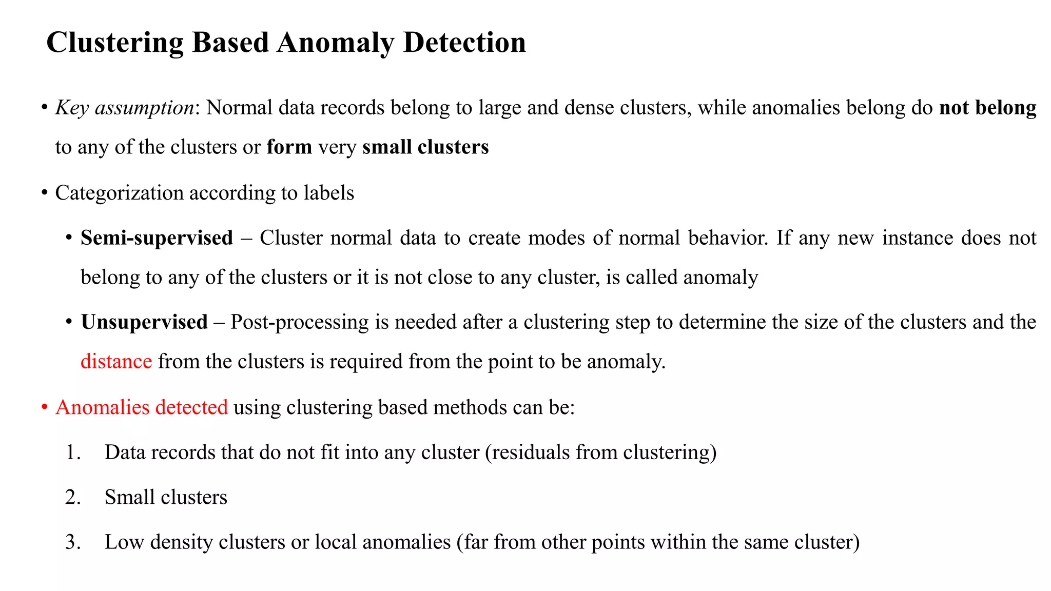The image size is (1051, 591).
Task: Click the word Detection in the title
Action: tap(464, 42)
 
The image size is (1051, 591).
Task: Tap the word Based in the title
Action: tap(230, 42)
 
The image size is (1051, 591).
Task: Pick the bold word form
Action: tap(289, 147)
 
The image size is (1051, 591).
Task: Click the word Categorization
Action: tap(119, 193)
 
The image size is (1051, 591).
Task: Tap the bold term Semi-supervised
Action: tap(157, 238)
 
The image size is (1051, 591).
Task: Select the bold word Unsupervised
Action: tap(144, 322)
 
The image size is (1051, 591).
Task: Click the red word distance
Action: tap(116, 362)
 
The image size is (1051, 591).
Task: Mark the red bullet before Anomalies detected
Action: tap(45, 407)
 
